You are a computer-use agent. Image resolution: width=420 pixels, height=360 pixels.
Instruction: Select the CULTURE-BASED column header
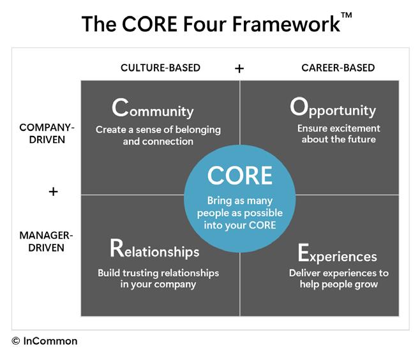[x=160, y=68]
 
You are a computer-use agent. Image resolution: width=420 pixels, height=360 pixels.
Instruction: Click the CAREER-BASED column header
[x=338, y=68]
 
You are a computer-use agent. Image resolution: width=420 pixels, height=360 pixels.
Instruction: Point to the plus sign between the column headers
[x=239, y=68]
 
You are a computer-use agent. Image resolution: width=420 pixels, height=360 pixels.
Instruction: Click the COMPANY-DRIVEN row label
[x=47, y=133]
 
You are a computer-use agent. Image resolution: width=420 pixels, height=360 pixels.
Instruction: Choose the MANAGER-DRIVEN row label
[x=46, y=241]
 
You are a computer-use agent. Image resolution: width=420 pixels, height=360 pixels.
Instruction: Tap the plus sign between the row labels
[x=53, y=191]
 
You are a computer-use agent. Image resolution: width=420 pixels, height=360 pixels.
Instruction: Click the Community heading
[x=153, y=109]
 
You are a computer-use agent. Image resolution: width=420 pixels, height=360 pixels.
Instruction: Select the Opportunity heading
[x=333, y=109]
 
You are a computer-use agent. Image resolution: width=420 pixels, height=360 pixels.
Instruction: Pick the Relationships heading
[x=154, y=250]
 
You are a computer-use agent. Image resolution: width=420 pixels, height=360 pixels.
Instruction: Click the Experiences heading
[x=337, y=254]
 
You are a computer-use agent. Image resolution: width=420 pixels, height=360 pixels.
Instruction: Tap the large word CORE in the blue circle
[x=239, y=175]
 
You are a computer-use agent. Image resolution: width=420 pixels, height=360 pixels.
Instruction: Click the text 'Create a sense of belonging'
[x=158, y=130]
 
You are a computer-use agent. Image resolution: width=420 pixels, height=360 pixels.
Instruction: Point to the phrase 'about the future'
[x=338, y=140]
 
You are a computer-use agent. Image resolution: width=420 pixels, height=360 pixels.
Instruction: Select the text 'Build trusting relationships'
[x=158, y=273]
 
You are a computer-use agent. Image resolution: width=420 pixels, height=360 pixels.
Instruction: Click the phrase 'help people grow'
[x=338, y=284]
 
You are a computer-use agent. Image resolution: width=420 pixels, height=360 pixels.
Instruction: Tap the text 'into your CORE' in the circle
[x=239, y=225]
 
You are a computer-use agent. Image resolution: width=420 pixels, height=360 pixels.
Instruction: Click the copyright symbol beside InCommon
[x=16, y=341]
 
